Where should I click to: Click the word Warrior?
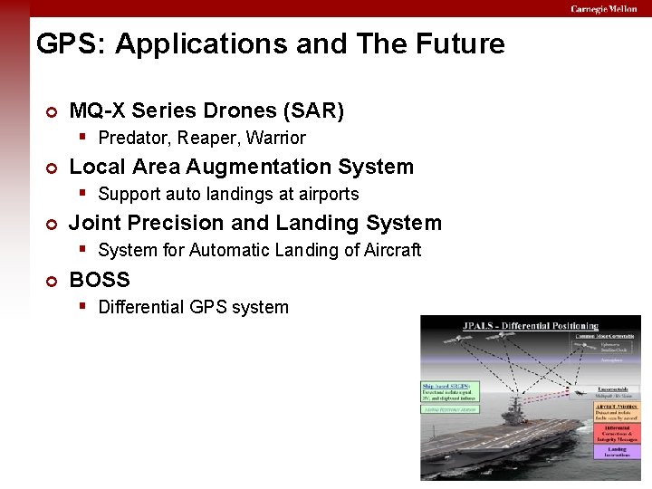pos(276,139)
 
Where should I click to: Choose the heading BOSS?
pos(100,279)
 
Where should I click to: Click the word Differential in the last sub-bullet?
pos(141,307)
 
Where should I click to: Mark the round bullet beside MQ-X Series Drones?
pos(52,112)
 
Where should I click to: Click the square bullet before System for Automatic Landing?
pos(82,249)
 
